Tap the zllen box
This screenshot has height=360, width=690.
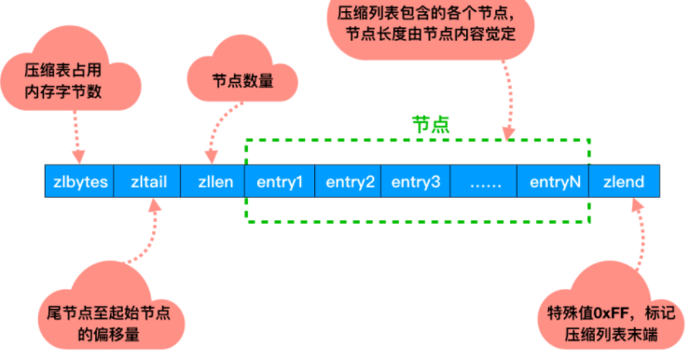[x=214, y=181]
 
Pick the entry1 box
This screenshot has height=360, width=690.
[x=281, y=181]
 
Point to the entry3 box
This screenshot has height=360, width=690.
[x=415, y=181]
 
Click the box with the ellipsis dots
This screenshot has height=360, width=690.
[x=485, y=181]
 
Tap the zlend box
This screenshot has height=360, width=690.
[x=625, y=181]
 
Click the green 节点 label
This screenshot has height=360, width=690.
[x=431, y=124]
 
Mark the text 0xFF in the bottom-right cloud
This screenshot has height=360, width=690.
[x=601, y=313]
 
